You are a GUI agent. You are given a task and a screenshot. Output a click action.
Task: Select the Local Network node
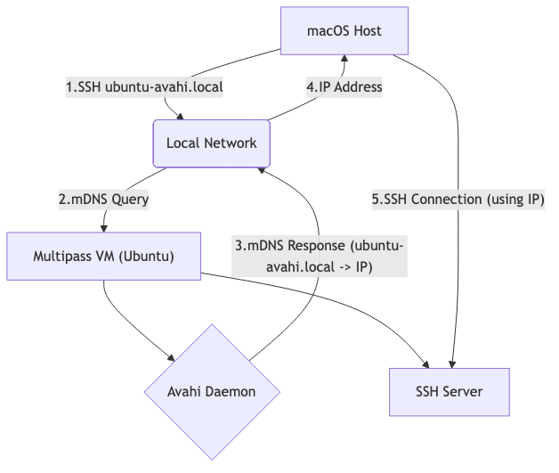click(x=211, y=143)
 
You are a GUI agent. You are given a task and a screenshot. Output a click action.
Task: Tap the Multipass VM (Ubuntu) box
click(x=103, y=256)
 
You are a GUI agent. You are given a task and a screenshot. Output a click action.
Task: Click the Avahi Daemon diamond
click(x=211, y=392)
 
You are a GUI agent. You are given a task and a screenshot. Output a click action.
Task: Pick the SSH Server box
click(x=450, y=392)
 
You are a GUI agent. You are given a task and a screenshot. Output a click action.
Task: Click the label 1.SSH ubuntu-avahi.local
click(x=144, y=87)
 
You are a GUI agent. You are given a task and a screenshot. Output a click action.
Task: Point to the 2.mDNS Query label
click(x=104, y=200)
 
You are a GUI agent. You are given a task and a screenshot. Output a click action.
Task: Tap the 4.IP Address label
click(x=344, y=87)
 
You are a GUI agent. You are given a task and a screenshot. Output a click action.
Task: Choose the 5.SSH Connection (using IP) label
click(x=458, y=200)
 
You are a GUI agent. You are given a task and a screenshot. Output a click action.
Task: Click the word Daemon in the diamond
click(x=231, y=392)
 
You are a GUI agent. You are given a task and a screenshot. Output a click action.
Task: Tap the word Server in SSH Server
click(x=466, y=392)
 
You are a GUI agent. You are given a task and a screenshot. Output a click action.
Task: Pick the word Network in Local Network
click(x=231, y=143)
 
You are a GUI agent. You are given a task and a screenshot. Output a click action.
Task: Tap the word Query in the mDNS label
click(x=130, y=200)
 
